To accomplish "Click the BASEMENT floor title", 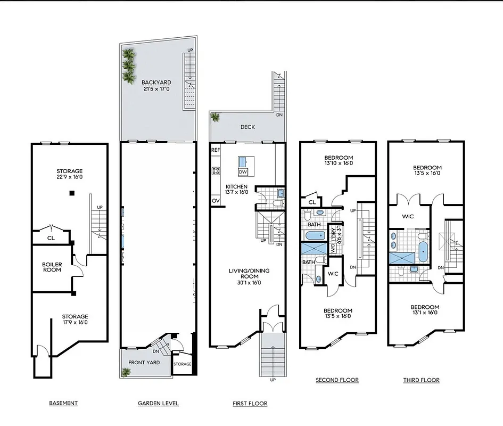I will tap(63, 403).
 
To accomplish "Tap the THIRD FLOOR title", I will tap(422, 380).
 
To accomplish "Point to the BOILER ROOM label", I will tap(52, 267).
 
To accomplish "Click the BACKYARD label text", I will tap(156, 83).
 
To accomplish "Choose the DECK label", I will tap(248, 127).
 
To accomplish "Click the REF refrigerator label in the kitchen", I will tap(215, 151).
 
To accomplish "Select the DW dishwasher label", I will tap(243, 172).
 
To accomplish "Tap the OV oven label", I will tap(215, 201).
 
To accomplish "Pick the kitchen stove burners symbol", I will tap(216, 171).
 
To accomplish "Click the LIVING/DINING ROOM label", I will tap(249, 274).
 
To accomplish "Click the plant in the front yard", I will tap(126, 372).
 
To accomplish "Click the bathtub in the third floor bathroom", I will tap(423, 251).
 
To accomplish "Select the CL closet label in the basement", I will tap(51, 238).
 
